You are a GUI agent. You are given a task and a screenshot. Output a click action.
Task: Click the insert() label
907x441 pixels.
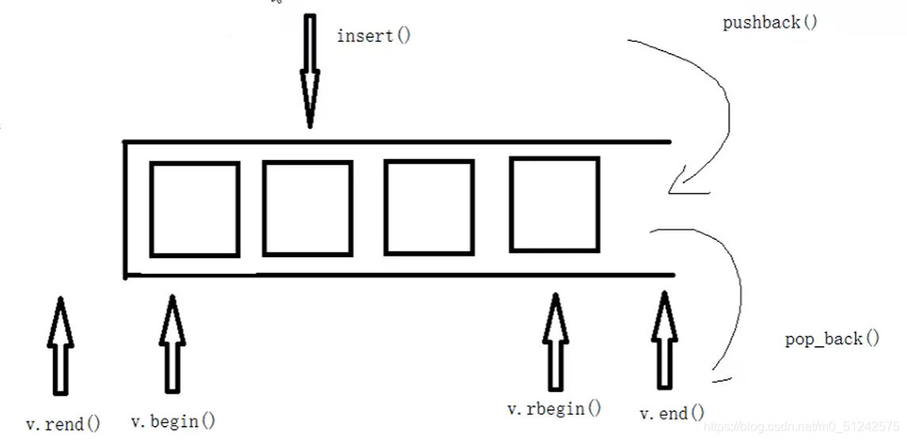tap(374, 36)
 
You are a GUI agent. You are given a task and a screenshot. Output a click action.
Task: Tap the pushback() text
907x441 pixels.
tap(770, 22)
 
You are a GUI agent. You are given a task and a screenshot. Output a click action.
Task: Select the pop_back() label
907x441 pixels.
tap(832, 339)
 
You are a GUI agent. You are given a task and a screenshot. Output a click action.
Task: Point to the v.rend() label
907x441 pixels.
tap(63, 424)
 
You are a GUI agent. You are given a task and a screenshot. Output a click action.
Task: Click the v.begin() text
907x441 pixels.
tap(173, 420)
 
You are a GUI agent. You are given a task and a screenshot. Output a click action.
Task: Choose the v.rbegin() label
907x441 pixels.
tap(554, 409)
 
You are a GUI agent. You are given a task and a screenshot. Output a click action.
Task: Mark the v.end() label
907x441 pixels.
tap(672, 412)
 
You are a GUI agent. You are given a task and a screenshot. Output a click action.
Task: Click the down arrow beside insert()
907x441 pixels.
tap(309, 71)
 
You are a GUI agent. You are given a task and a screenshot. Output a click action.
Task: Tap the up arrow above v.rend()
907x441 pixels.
tap(60, 344)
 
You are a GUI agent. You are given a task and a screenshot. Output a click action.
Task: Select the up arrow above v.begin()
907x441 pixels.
tap(172, 343)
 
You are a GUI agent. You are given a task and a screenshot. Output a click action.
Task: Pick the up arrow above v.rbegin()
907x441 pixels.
tap(555, 341)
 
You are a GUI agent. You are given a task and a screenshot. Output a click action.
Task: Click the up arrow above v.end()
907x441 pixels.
tap(664, 340)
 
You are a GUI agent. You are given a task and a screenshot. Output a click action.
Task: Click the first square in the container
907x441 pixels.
tap(194, 209)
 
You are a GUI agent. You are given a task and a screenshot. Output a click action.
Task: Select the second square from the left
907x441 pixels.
tap(307, 208)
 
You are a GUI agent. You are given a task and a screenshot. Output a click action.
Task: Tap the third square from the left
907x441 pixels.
tap(429, 207)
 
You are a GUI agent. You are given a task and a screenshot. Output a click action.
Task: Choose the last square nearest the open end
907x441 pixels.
tap(554, 204)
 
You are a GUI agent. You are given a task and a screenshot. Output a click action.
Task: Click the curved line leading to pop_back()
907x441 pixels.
tap(733, 293)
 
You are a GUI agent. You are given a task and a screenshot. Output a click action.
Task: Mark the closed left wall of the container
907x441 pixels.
tap(125, 209)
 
